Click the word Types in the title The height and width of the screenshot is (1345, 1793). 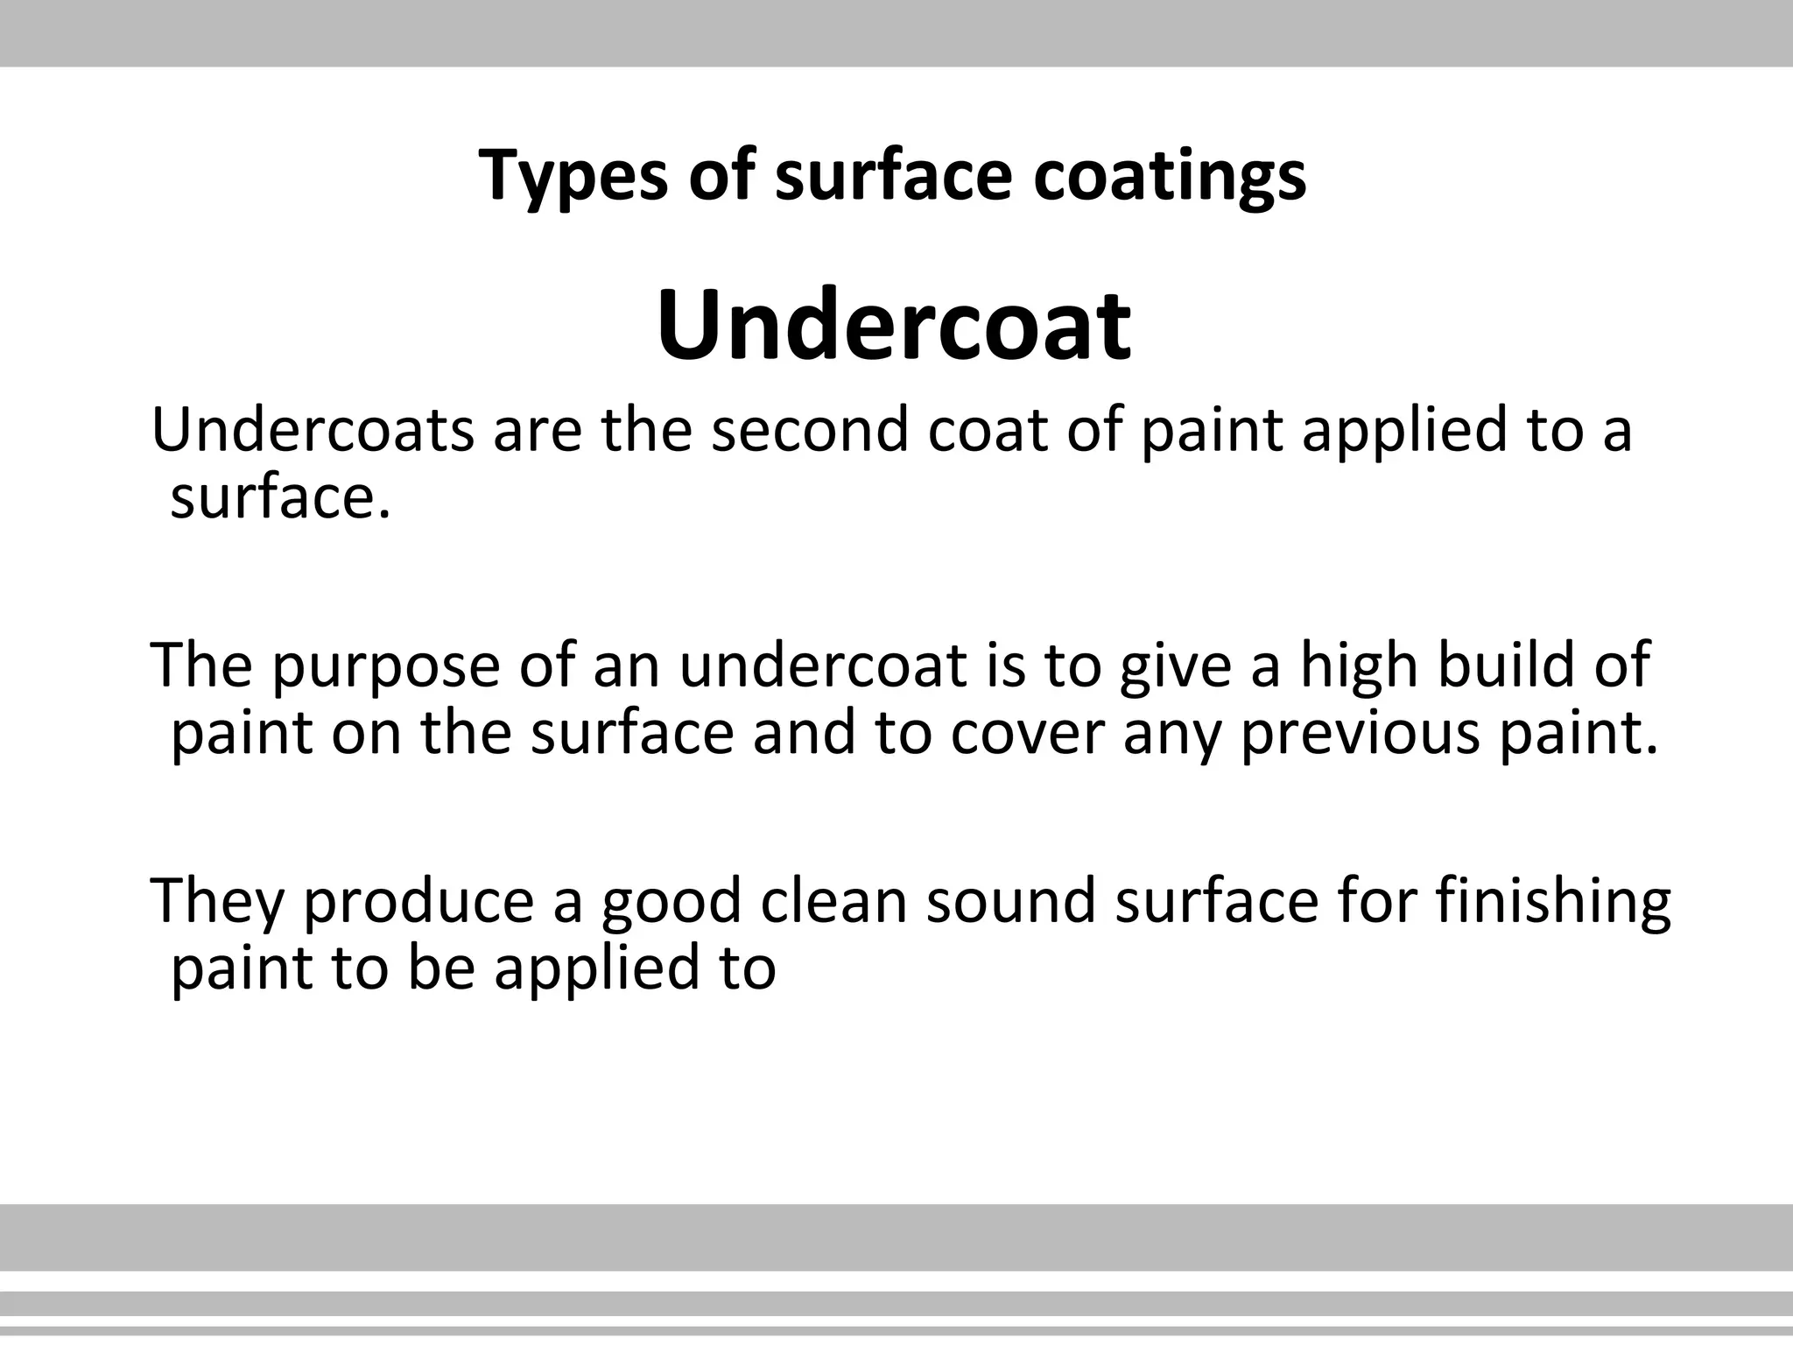572,176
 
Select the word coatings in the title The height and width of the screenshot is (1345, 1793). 1170,176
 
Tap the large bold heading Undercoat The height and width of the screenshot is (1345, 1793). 894,325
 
